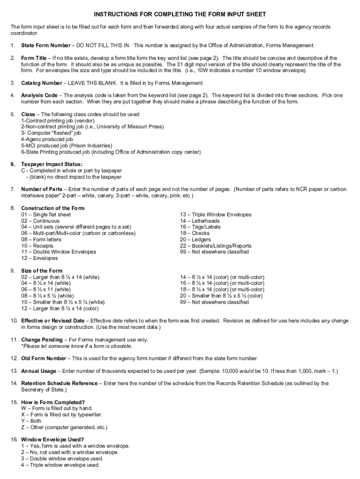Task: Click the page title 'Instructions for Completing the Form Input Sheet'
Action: [x=180, y=15]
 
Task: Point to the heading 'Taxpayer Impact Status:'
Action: [x=51, y=164]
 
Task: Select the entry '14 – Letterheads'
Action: [x=200, y=221]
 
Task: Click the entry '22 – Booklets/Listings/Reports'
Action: [x=216, y=246]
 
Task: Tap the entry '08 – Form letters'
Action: [x=41, y=239]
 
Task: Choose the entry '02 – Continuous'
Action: [x=40, y=221]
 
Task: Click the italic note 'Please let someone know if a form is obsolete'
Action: [x=77, y=346]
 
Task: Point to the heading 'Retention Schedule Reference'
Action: [x=59, y=383]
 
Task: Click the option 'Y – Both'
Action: [x=31, y=421]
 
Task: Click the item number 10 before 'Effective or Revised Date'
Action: [x=14, y=321]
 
